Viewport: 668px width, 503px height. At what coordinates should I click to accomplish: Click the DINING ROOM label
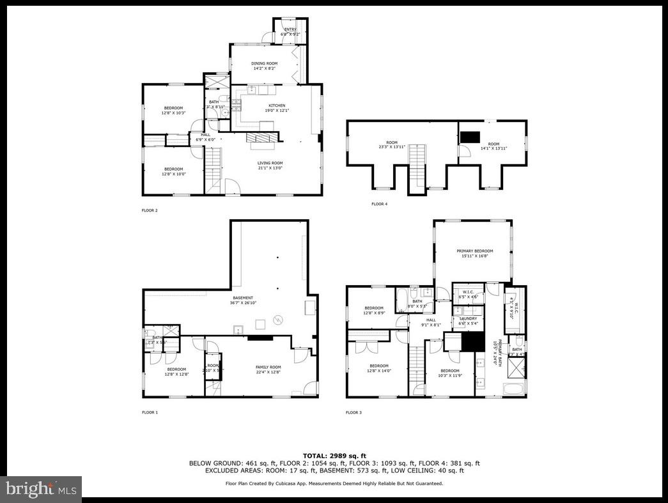264,63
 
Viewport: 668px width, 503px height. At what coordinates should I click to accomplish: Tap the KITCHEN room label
277,105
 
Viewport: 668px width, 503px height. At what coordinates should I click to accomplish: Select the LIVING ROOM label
269,163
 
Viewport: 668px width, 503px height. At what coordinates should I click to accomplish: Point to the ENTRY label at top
290,29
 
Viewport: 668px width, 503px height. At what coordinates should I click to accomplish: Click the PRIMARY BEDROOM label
474,251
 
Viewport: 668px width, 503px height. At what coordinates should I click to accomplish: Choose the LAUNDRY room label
468,318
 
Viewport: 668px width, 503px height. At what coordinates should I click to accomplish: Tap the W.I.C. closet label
467,291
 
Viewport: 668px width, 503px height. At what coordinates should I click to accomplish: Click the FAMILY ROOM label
268,367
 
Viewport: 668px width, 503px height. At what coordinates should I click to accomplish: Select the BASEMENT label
242,298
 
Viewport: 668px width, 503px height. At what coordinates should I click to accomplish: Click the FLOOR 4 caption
379,204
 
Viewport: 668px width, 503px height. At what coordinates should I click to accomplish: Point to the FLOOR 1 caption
150,412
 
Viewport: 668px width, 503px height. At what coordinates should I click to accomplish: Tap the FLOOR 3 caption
353,412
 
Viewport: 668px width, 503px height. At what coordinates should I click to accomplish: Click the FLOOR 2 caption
150,210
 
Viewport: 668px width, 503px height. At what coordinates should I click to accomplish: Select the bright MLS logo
41,490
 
